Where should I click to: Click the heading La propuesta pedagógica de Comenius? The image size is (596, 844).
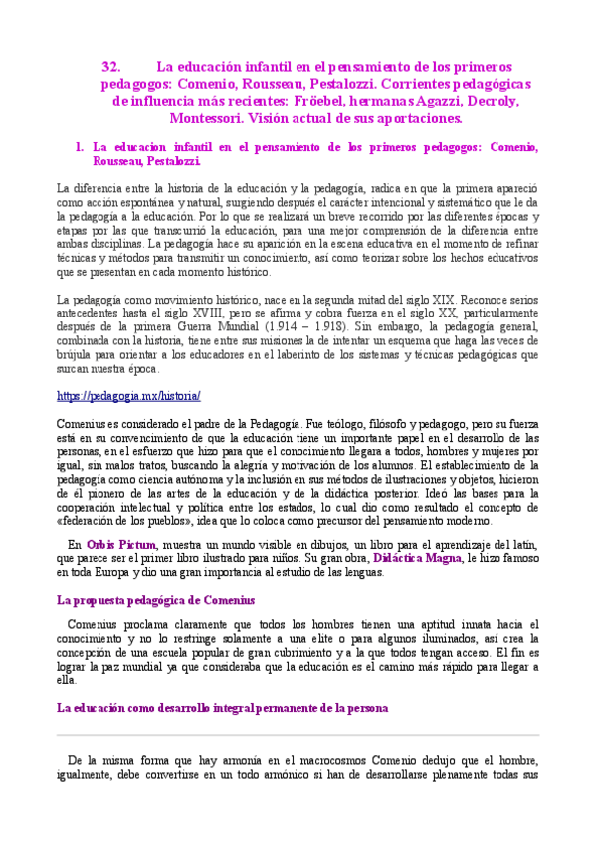[155, 600]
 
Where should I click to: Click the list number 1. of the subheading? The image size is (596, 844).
[80, 146]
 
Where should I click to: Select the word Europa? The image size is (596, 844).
[127, 572]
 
